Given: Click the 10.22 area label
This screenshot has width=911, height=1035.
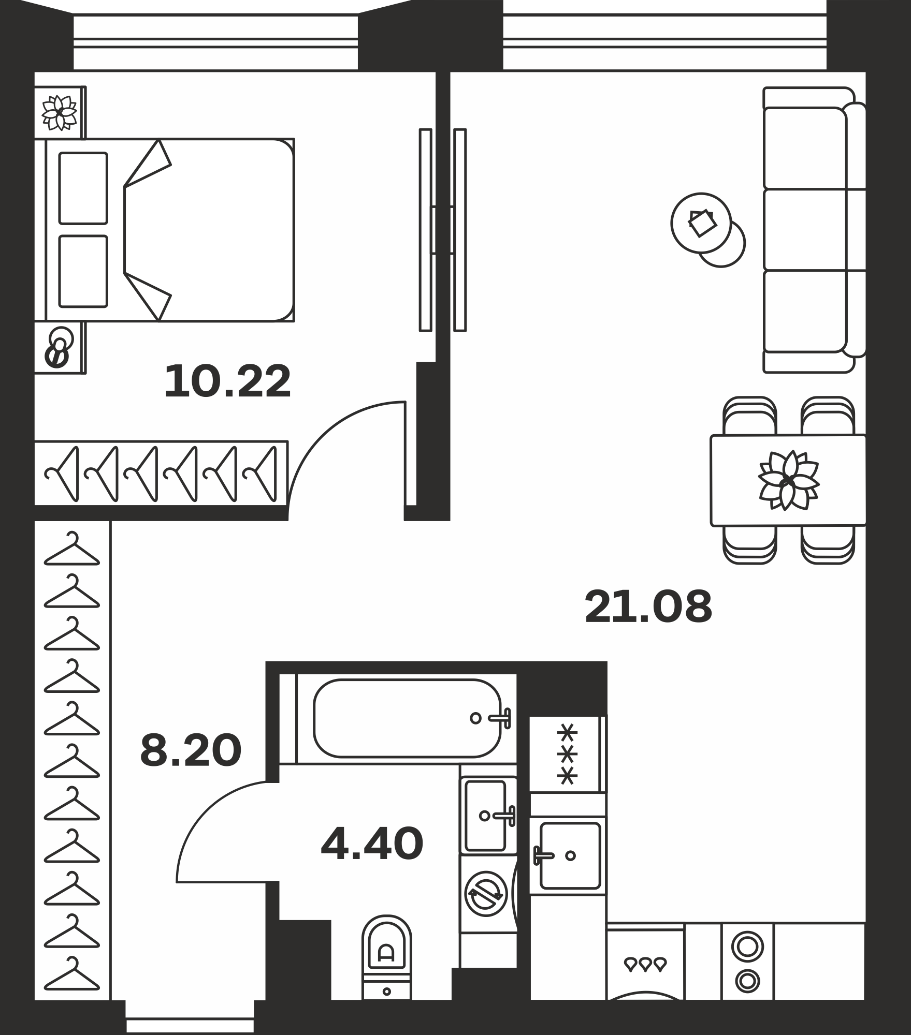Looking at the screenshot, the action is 227,381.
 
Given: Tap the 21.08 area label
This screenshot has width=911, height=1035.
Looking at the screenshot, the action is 648,607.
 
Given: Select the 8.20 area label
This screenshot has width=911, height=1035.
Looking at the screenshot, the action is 191,750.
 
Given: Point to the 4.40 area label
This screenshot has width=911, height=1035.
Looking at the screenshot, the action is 372,844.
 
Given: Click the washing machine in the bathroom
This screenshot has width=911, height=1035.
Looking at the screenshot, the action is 487,893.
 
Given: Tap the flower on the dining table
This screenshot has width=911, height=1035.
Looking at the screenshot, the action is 788,480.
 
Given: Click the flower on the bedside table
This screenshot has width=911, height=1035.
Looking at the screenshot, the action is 60,112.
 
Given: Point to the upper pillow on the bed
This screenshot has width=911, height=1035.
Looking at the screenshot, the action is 83,188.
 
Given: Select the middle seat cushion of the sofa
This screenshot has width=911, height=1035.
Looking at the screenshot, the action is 805,230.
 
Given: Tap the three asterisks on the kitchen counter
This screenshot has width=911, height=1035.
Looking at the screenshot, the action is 568,754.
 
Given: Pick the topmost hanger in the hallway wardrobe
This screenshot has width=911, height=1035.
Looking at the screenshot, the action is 71,549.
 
